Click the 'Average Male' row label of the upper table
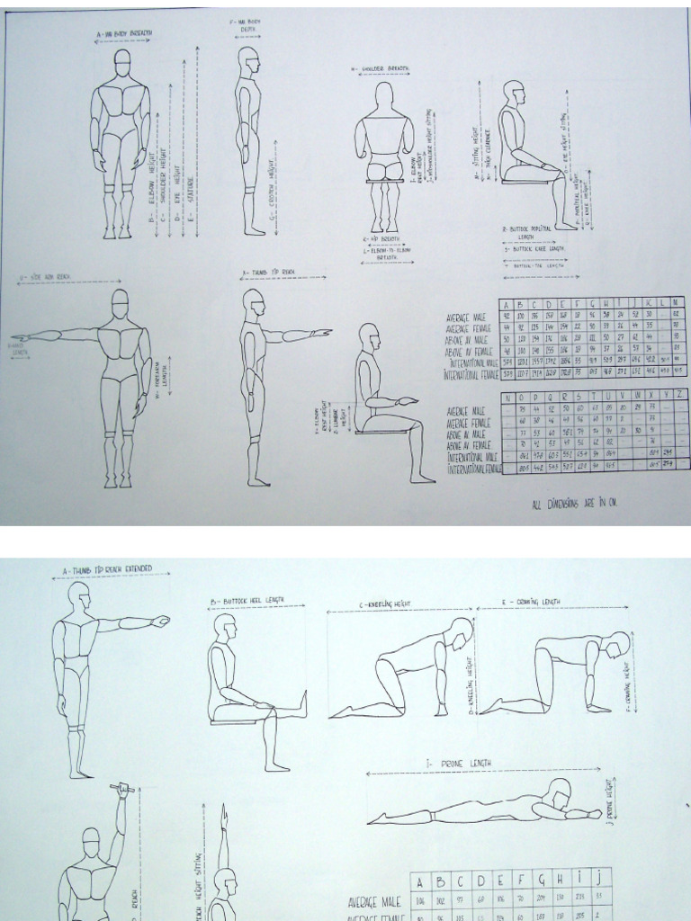465,317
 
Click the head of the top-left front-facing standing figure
122,59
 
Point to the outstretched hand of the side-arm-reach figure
20,338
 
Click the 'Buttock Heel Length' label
256,601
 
